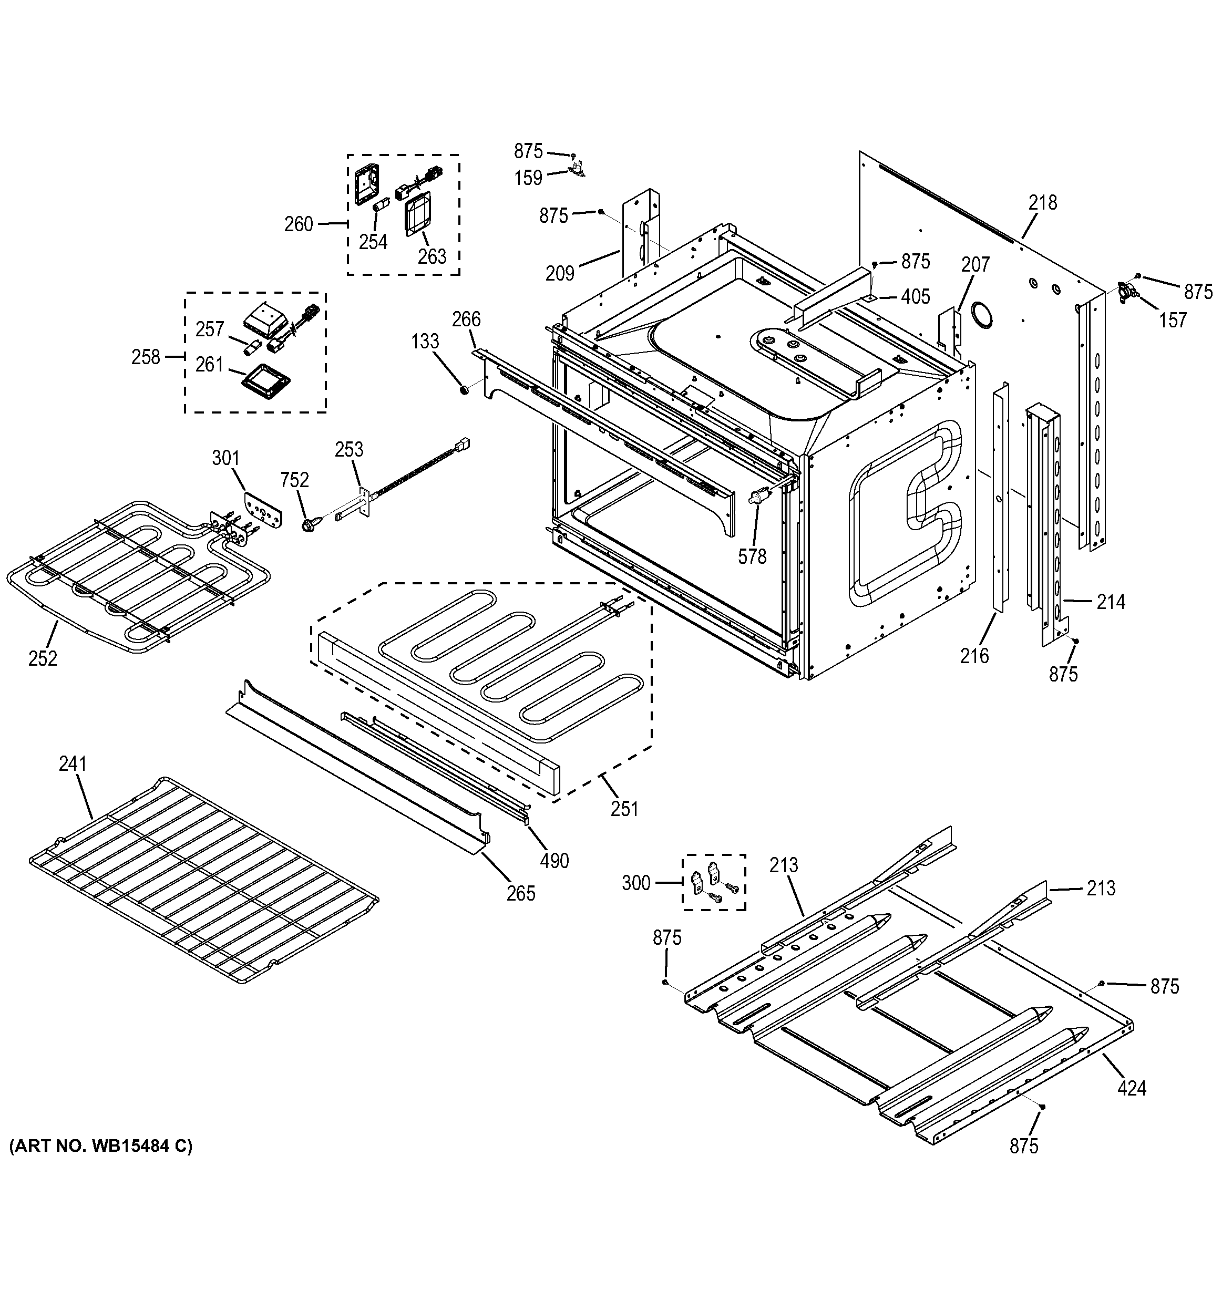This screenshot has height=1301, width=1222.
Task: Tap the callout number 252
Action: [43, 658]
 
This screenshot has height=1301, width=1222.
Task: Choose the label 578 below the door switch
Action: [752, 556]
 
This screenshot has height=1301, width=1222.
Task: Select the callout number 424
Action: [1132, 1088]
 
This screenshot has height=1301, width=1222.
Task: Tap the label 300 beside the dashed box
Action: [636, 883]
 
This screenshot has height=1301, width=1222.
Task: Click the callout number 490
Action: [554, 861]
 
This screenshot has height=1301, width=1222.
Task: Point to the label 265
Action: [521, 893]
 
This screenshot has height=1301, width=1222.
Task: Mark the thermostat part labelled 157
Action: [1128, 291]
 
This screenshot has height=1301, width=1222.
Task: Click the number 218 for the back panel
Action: [1043, 203]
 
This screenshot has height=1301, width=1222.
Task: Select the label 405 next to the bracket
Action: [915, 296]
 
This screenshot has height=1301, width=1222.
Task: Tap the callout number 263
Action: [432, 256]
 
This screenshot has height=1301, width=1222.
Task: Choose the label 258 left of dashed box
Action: [145, 357]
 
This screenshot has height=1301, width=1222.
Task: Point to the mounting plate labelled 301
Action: [264, 509]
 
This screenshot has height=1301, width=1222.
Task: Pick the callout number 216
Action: [974, 655]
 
